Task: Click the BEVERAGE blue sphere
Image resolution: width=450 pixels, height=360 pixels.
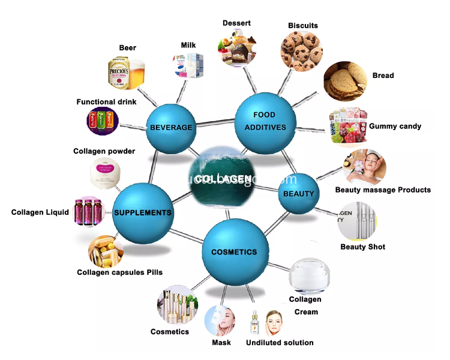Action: click(x=171, y=127)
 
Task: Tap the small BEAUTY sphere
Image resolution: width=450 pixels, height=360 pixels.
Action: click(x=299, y=193)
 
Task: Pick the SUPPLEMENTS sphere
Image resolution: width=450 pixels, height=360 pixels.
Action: click(x=143, y=212)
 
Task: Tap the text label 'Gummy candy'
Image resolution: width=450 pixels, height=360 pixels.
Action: click(x=395, y=127)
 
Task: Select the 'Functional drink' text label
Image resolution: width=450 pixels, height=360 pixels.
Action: click(x=106, y=102)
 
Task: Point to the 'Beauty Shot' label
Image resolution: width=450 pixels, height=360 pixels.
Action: click(x=362, y=247)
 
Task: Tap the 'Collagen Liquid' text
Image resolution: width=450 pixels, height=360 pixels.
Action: click(x=40, y=212)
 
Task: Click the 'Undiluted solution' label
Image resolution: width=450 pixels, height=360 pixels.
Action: click(x=280, y=343)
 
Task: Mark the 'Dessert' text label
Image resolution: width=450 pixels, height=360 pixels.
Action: click(x=236, y=23)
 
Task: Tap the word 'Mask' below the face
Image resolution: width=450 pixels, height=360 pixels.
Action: click(x=221, y=343)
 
